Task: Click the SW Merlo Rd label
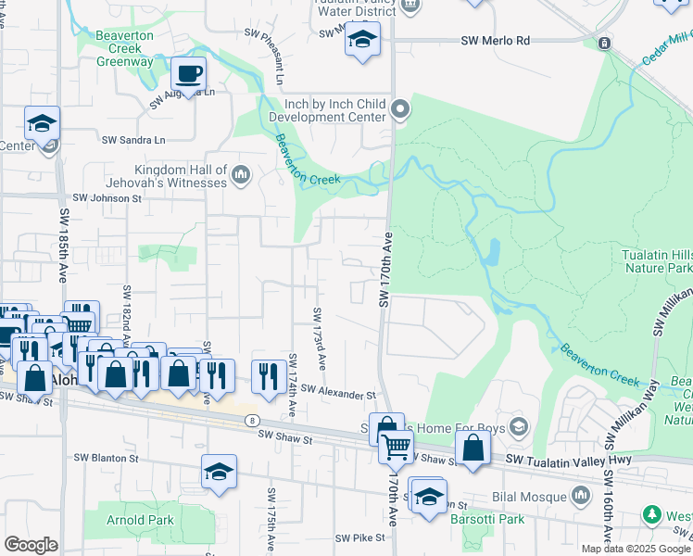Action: click(x=496, y=41)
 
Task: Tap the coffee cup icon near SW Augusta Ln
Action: click(x=188, y=73)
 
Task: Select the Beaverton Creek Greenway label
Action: click(x=125, y=54)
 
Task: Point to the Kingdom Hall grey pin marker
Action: click(x=241, y=175)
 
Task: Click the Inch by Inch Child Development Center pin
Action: click(x=400, y=110)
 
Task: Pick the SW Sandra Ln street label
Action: click(x=132, y=140)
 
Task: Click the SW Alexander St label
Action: click(x=337, y=394)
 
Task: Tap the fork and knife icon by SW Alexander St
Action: click(x=269, y=375)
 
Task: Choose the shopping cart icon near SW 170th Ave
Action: click(x=397, y=447)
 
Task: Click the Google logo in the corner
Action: click(x=31, y=545)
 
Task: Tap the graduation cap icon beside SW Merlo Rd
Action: click(x=362, y=40)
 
